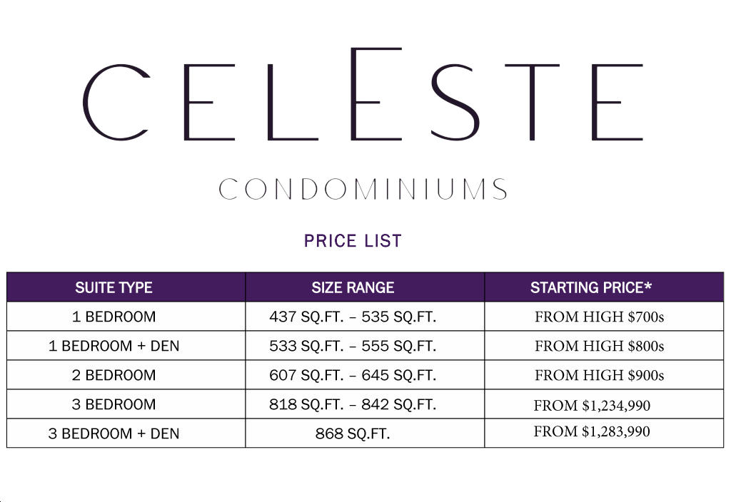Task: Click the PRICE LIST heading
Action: [x=353, y=241]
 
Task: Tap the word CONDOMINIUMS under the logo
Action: [x=363, y=190]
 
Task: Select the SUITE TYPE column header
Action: [x=114, y=288]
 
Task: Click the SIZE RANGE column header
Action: [x=353, y=288]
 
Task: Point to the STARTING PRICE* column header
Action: [x=591, y=288]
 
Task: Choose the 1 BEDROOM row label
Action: [x=114, y=317]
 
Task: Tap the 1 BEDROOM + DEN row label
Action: [x=114, y=346]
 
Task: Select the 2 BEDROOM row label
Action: [x=114, y=375]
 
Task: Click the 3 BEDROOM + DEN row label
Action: [x=114, y=434]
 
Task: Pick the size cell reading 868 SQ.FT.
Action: [x=353, y=434]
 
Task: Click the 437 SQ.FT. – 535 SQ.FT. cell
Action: [x=353, y=317]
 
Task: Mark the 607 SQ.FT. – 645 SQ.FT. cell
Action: [x=353, y=375]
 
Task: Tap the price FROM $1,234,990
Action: [x=592, y=406]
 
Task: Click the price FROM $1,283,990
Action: [x=592, y=431]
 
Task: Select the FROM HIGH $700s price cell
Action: [x=599, y=317]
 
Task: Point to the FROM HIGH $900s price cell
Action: [x=599, y=375]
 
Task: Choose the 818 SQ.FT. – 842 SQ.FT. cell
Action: [x=353, y=404]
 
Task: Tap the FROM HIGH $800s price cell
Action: [x=599, y=347]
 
